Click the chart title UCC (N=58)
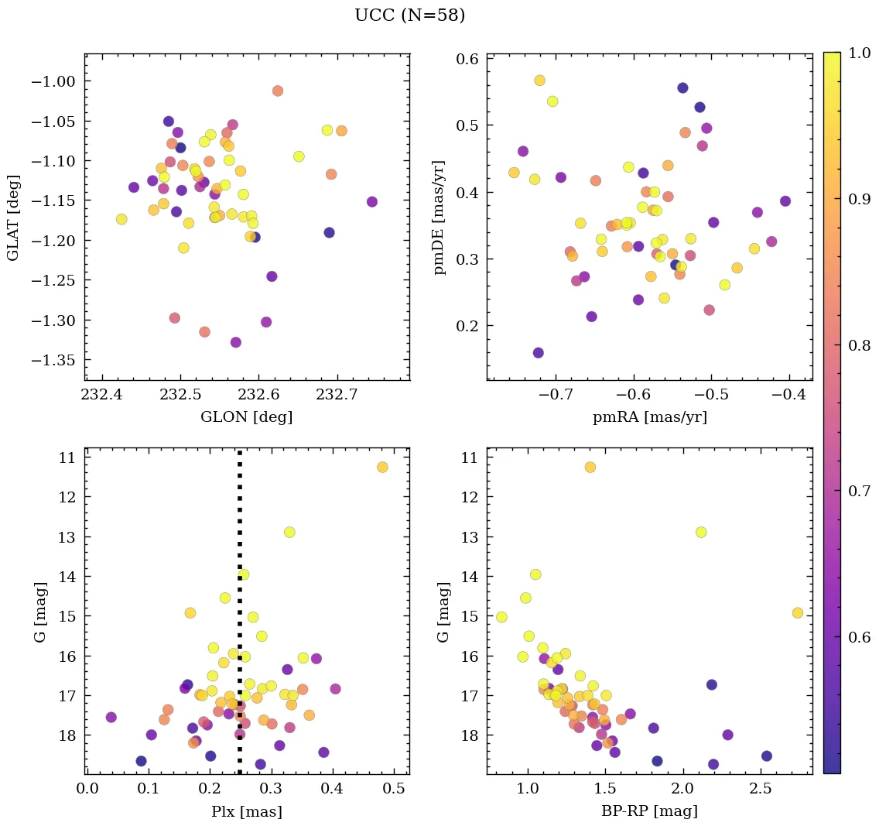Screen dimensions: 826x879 click(409, 15)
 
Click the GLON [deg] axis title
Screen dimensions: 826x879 click(246, 417)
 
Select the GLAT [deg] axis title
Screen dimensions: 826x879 click(13, 218)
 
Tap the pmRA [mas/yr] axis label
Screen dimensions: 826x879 click(649, 417)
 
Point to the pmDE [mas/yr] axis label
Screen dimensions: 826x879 click(440, 218)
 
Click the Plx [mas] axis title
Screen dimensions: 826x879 click(246, 811)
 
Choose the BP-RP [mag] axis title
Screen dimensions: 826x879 click(649, 811)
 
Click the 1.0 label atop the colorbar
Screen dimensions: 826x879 click(859, 53)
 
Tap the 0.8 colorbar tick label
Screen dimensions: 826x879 click(859, 345)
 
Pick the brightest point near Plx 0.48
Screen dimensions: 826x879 click(382, 467)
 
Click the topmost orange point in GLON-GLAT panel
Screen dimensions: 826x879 click(278, 91)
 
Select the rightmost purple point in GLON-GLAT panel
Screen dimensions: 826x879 click(372, 202)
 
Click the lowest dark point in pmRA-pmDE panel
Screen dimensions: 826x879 click(538, 353)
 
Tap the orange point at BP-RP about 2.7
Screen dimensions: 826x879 click(798, 613)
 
